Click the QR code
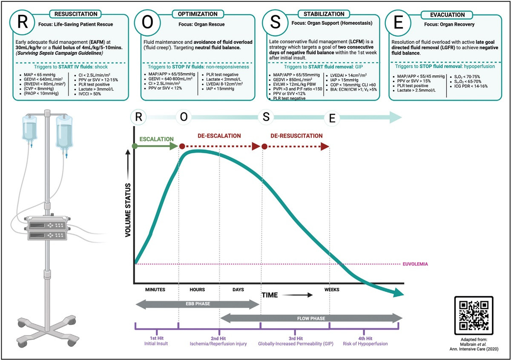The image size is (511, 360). point(474,315)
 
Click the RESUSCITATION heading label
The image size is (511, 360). point(76,14)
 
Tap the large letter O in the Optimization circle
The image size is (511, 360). point(147,23)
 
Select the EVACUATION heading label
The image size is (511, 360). point(448,15)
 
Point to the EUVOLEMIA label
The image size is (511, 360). point(415,264)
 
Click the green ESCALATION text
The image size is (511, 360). point(157,139)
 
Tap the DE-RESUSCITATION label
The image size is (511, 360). point(296,136)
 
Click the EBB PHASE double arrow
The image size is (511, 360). point(198,304)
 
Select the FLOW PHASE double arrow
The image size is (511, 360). point(311,318)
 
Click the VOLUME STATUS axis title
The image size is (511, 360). point(128,210)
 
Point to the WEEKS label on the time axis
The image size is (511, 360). point(332,289)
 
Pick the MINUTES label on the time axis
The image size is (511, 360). point(155,289)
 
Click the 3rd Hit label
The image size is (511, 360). point(296,338)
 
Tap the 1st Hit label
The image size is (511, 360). point(157,338)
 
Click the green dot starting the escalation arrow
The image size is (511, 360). point(135,146)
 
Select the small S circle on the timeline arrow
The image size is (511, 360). point(266,117)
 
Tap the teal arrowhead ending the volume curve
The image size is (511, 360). point(398,292)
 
